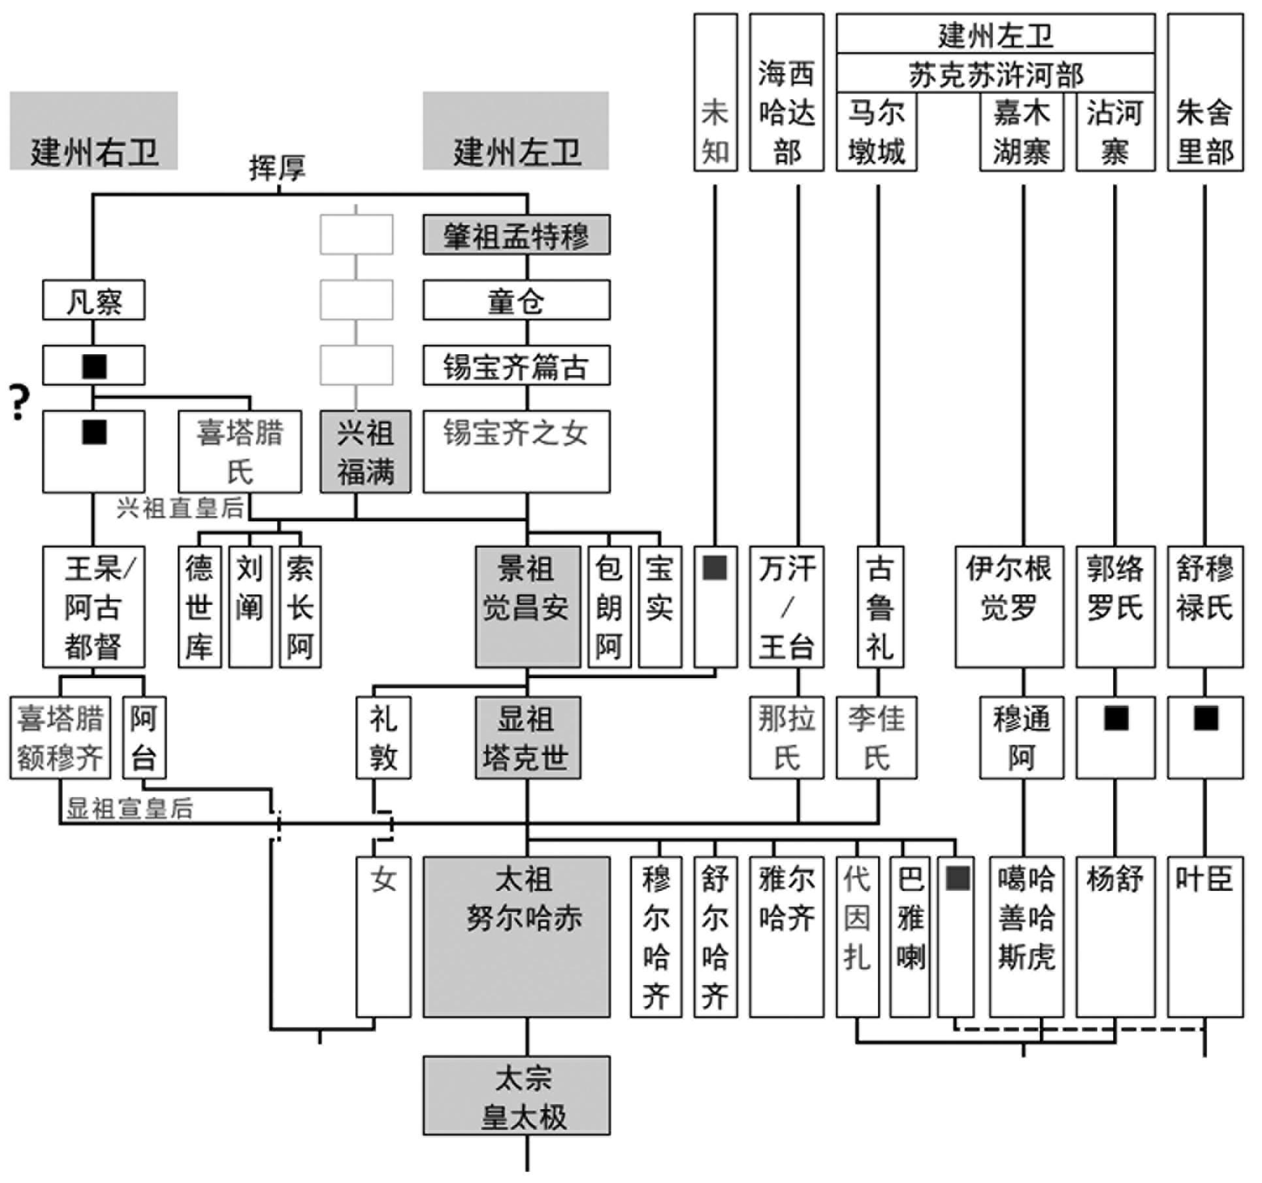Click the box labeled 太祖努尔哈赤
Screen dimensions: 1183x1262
pyautogui.click(x=516, y=936)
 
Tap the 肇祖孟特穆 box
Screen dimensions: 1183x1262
pyautogui.click(x=516, y=235)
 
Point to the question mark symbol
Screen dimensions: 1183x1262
pyautogui.click(x=20, y=402)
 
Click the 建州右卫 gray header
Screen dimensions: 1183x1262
pyautogui.click(x=93, y=131)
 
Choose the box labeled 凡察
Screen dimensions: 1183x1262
pyautogui.click(x=93, y=300)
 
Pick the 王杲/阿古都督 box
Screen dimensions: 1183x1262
pyautogui.click(x=93, y=607)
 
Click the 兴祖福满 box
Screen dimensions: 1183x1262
pyautogui.click(x=365, y=451)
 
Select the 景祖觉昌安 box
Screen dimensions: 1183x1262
pyautogui.click(x=527, y=607)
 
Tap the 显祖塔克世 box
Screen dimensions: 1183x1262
pyautogui.click(x=527, y=737)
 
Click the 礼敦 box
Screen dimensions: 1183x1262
pyautogui.click(x=383, y=737)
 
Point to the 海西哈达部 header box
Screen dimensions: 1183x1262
pyautogui.click(x=786, y=93)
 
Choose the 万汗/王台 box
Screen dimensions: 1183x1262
pyautogui.click(x=786, y=607)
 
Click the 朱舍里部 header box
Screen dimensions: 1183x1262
pyautogui.click(x=1205, y=93)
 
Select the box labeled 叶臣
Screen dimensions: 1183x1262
pyautogui.click(x=1205, y=936)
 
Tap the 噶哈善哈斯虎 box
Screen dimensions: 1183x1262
pyautogui.click(x=1026, y=936)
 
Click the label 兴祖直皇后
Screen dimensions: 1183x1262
pyautogui.click(x=180, y=508)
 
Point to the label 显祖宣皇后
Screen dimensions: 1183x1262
pyautogui.click(x=129, y=809)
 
